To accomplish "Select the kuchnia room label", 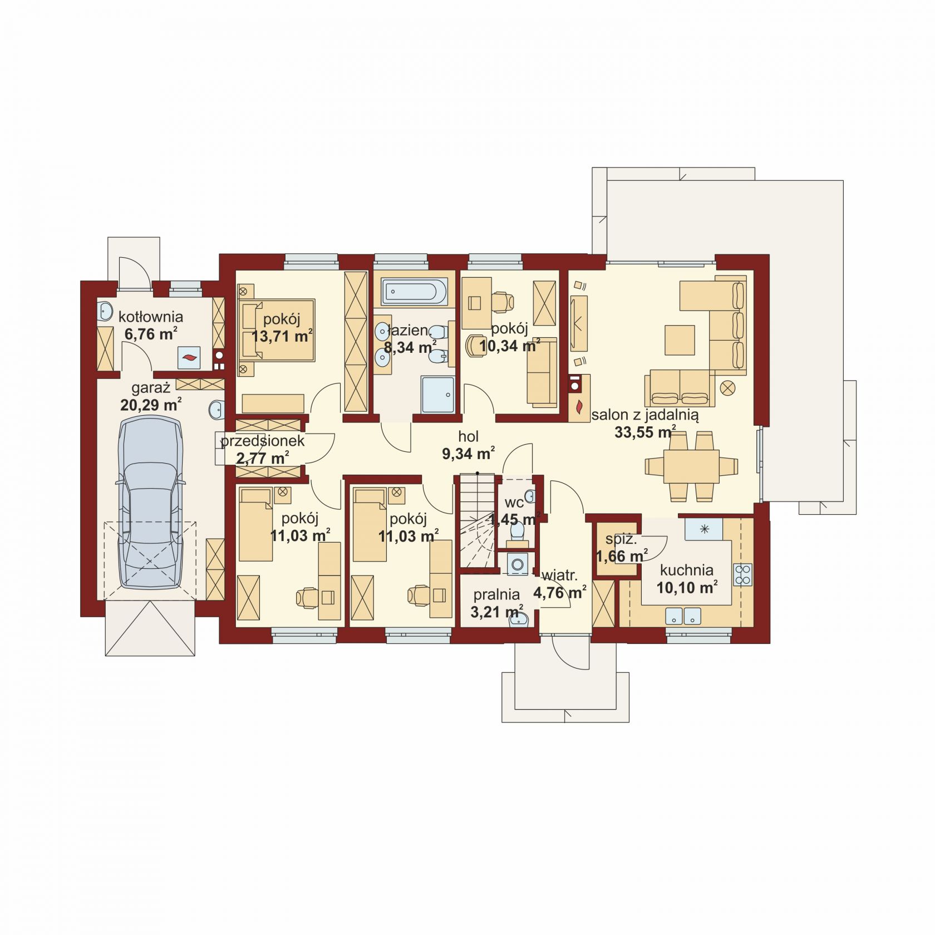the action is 686,570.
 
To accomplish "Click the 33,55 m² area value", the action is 645,432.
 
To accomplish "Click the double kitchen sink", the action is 683,616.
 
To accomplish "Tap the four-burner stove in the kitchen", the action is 743,574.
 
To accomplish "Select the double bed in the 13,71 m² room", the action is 277,329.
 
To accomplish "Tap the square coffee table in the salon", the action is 680,340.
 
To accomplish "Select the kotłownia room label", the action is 151,317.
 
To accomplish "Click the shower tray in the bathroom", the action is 437,395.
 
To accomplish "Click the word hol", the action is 469,437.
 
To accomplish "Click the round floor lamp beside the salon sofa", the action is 728,388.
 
